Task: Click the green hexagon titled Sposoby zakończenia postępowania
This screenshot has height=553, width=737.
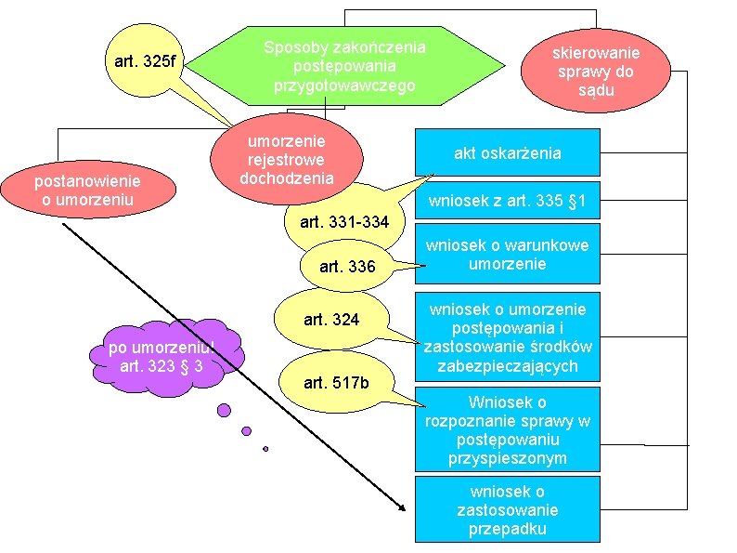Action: pos(343,65)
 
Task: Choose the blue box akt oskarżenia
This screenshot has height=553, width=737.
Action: pos(507,152)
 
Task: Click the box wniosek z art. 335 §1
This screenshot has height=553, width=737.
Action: pos(507,201)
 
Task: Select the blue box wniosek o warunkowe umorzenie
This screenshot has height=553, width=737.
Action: pos(507,255)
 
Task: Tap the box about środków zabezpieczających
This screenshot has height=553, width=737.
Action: pos(507,337)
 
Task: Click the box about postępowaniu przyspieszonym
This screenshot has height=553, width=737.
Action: pos(507,430)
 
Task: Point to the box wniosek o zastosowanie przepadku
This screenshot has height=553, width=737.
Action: pos(507,510)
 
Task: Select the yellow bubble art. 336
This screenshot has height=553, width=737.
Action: pos(347,268)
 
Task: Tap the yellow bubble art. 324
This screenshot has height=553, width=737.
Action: pos(331,321)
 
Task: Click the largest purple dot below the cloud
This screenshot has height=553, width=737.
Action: pos(224,409)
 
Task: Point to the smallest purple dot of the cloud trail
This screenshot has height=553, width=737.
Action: pos(265,448)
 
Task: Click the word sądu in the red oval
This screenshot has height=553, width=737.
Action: pos(597,91)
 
